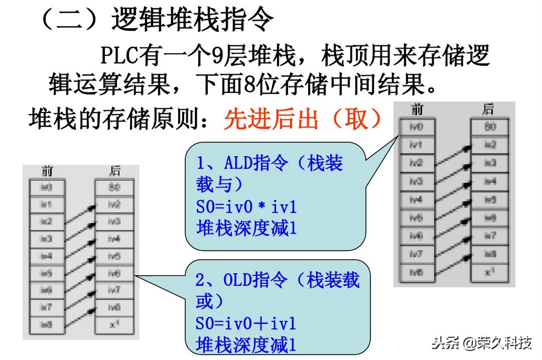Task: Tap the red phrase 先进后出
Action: pos(271,119)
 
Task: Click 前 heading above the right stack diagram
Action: pos(417,109)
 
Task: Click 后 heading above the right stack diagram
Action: pos(488,109)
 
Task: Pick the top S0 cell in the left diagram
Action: pos(114,187)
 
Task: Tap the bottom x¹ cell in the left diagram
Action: pos(114,324)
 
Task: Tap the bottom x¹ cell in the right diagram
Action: pos(489,273)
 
